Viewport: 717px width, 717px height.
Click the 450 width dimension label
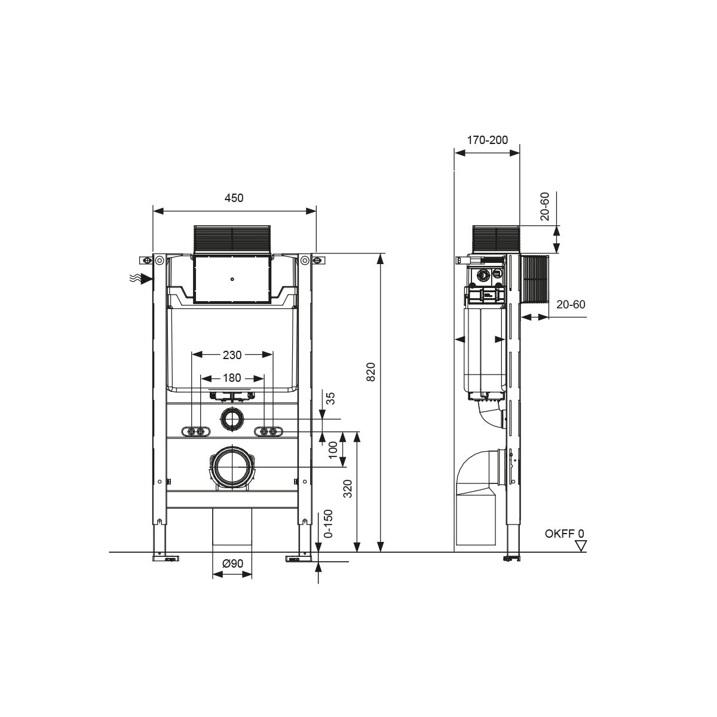point(234,198)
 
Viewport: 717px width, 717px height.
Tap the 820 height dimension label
point(371,371)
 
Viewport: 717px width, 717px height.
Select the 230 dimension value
point(232,355)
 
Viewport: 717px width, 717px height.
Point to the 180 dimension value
point(232,378)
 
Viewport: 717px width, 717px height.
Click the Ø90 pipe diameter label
point(232,563)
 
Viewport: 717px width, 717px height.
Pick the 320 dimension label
point(347,489)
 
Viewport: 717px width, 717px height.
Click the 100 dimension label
point(333,449)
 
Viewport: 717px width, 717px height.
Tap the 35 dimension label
point(331,399)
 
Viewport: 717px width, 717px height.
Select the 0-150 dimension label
point(328,523)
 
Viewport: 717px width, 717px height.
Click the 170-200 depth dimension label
point(488,140)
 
